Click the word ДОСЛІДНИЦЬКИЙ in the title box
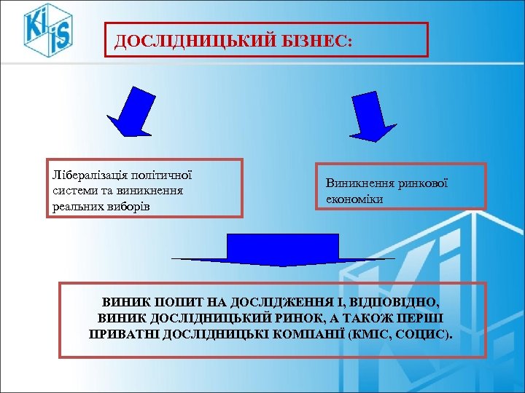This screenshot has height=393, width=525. (194, 41)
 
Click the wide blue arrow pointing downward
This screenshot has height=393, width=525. (283, 250)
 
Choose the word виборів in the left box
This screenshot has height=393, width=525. (136, 205)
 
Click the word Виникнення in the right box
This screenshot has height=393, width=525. (361, 183)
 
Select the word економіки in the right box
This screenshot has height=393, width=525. (354, 198)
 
